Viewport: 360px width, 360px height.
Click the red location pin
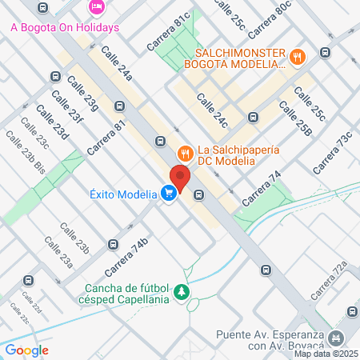(x=180, y=177)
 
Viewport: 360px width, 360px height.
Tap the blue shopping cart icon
(x=168, y=194)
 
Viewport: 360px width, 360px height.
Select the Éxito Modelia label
(x=122, y=193)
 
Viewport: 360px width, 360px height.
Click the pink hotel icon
(x=96, y=7)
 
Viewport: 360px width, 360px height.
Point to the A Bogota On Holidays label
(x=65, y=27)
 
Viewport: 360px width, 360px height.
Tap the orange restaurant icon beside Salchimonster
(x=298, y=56)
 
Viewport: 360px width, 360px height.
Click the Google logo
(x=26, y=350)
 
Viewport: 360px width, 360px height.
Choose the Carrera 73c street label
(x=332, y=153)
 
